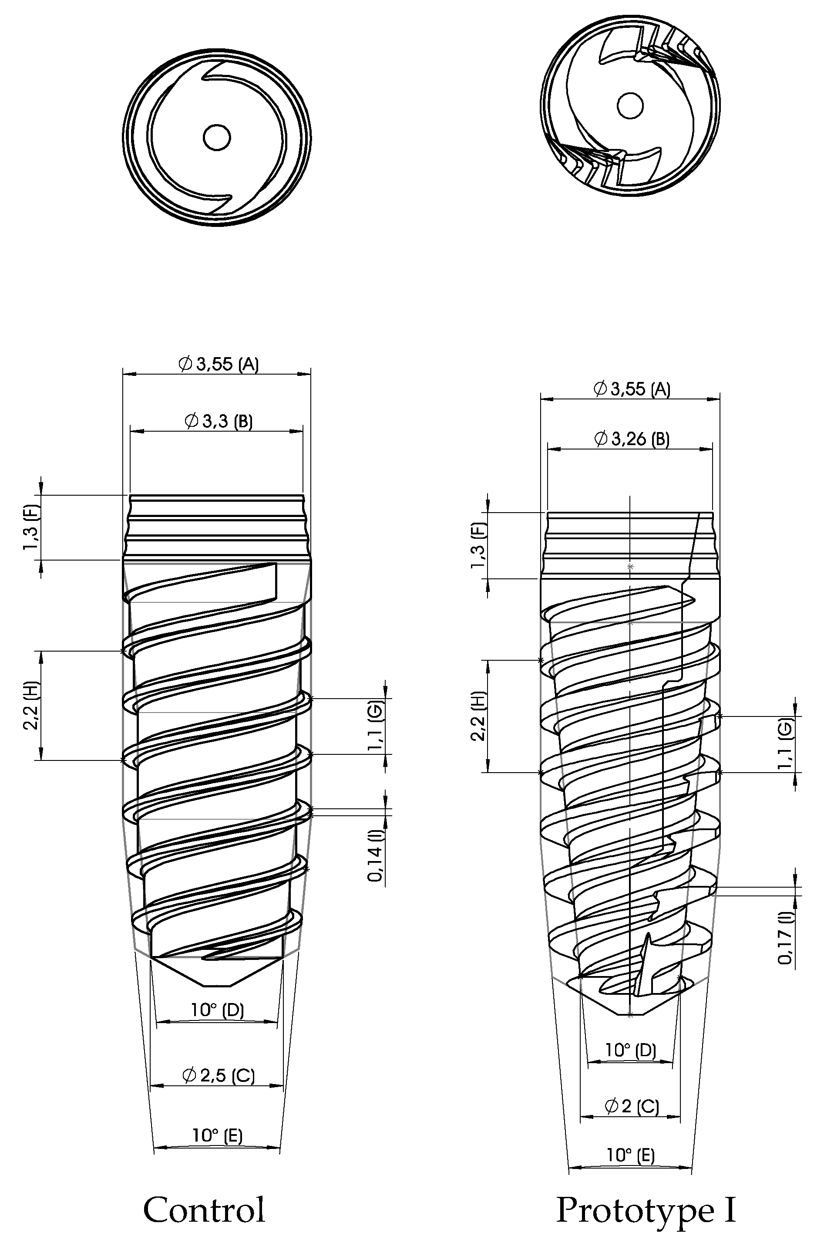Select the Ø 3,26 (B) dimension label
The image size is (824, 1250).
(632, 439)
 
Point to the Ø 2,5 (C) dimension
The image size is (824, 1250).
(219, 1075)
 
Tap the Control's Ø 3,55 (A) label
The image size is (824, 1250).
(219, 364)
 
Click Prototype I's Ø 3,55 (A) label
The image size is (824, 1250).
(632, 389)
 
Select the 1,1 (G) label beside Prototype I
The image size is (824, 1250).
(786, 743)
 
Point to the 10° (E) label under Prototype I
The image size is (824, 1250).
(631, 1155)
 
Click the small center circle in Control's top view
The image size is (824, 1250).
(216, 138)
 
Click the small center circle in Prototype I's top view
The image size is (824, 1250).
(630, 107)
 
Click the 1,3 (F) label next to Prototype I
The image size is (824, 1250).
(479, 546)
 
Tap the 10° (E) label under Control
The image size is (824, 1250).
(218, 1135)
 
